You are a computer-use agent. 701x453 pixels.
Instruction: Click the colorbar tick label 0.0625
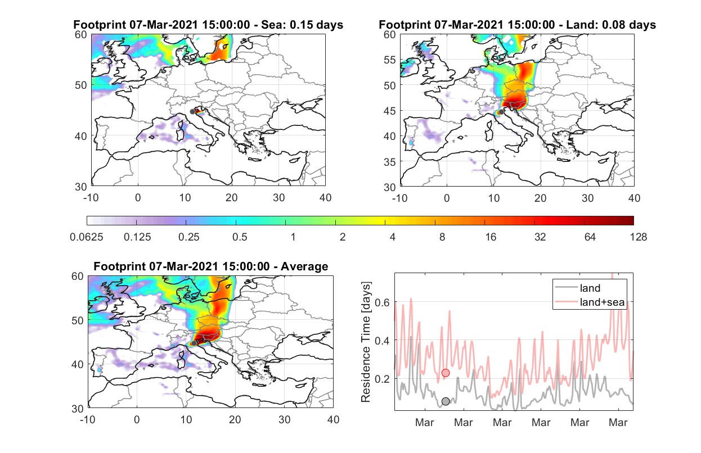[x=87, y=237]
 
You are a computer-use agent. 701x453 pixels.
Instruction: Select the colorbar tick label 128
[x=638, y=237]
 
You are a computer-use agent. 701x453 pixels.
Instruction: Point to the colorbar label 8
[x=442, y=237]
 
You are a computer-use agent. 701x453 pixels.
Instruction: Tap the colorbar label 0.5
[x=240, y=237]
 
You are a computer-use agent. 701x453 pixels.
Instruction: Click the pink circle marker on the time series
[x=446, y=373]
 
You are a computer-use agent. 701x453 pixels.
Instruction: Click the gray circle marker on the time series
[x=446, y=401]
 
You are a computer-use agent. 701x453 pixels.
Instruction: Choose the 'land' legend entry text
[x=590, y=288]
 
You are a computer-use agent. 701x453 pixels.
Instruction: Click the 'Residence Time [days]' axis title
[x=366, y=342]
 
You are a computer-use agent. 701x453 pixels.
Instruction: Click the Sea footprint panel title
[x=208, y=25]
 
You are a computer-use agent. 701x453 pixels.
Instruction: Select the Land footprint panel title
[x=517, y=25]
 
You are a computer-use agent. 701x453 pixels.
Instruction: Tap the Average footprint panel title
[x=211, y=266]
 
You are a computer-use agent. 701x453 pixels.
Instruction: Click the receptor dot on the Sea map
[x=192, y=112]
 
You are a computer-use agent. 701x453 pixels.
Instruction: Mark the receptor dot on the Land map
[x=501, y=112]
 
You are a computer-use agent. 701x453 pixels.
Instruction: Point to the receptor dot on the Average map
[x=194, y=343]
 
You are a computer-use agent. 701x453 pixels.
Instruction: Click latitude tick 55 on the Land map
[x=390, y=60]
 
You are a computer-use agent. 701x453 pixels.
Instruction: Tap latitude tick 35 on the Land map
[x=390, y=162]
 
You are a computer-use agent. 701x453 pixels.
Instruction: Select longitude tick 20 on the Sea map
[x=232, y=198]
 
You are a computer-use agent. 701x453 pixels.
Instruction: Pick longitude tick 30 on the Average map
[x=284, y=419]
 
